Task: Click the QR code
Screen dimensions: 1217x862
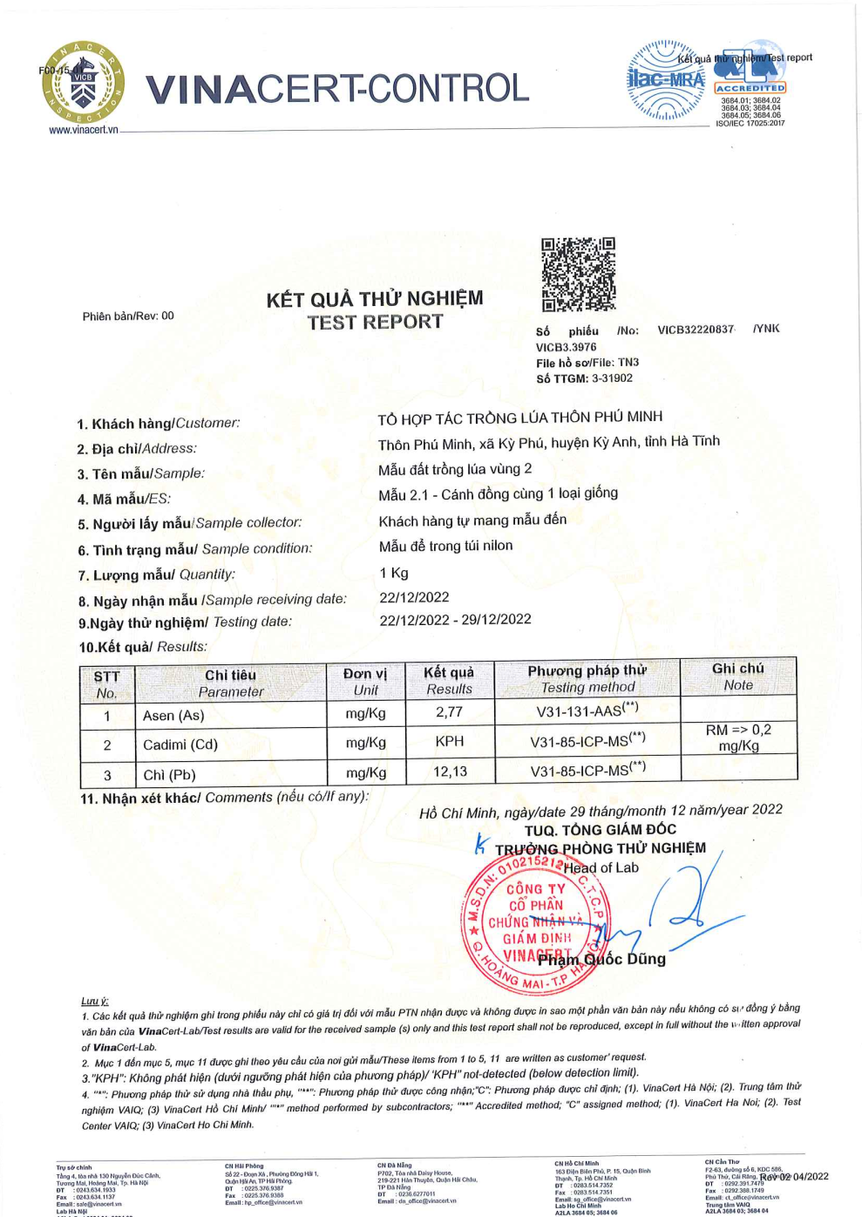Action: pos(578,274)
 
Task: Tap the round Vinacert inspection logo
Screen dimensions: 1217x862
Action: pos(83,83)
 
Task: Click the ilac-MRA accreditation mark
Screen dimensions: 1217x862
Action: pos(667,80)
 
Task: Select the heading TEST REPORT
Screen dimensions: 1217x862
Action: pos(375,323)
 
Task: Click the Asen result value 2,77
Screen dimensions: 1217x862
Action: pos(449,712)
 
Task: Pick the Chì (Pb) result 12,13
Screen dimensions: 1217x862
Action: pos(450,772)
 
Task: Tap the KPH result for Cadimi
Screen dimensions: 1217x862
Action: pos(450,741)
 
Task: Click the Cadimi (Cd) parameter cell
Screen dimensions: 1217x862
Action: pos(180,744)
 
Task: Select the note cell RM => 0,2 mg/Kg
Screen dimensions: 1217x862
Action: pos(738,738)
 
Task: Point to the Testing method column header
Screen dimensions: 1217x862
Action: pos(587,678)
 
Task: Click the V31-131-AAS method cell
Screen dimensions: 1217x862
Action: pos(587,710)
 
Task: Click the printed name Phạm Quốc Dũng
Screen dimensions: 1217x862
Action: pos(601,959)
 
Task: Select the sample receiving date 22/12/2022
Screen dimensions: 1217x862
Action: pos(414,597)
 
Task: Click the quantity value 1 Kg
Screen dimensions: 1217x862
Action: pos(394,573)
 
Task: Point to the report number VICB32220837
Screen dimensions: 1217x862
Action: pos(696,330)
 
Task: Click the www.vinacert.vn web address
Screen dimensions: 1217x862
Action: pos(83,130)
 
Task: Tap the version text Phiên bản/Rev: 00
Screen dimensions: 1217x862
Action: pos(128,316)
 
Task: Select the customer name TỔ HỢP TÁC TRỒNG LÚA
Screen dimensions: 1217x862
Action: pos(519,418)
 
